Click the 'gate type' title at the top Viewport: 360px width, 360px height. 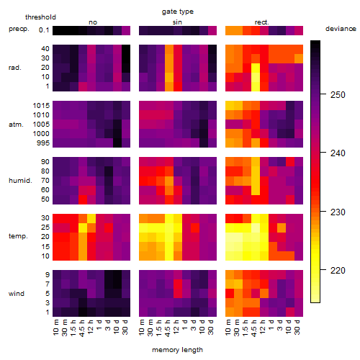pos(178,12)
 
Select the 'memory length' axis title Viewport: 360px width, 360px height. pos(177,350)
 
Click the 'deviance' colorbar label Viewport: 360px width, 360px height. pos(341,29)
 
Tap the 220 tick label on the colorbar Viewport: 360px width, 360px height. pos(338,271)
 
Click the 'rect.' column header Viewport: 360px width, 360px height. pos(261,22)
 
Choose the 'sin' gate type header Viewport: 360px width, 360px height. pos(177,22)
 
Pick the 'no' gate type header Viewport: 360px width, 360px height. pos(93,22)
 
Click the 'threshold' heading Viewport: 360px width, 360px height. pos(40,17)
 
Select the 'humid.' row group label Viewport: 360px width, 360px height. pos(20,181)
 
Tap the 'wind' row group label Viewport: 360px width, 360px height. pos(17,294)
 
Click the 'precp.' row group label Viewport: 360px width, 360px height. pos(19,29)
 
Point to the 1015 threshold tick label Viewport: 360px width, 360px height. pos(41,106)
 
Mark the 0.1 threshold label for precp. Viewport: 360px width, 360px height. pos(44,30)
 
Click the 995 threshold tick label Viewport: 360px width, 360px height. pos(43,143)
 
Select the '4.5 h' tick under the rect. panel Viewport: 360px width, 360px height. pos(254,328)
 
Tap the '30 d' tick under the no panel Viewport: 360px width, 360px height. pos(125,327)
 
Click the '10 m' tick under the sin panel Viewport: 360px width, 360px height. pos(142,327)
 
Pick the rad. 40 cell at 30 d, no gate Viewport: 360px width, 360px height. pos(126,49)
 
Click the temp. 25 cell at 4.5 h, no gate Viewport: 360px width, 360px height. pos(83,228)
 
